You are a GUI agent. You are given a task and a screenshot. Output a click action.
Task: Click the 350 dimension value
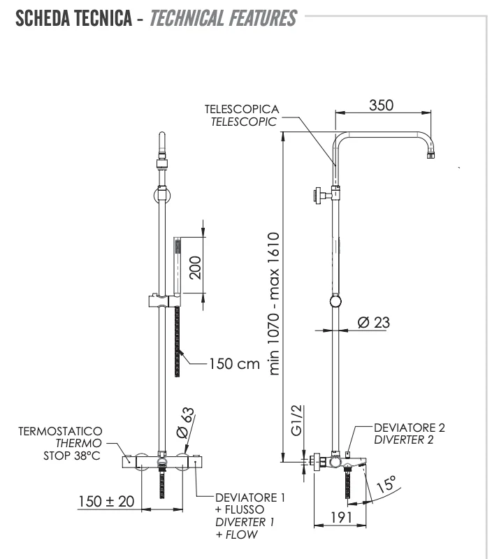382,106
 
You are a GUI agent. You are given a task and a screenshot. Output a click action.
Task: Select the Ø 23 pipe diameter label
373,322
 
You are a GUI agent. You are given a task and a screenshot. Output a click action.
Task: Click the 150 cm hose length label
234,363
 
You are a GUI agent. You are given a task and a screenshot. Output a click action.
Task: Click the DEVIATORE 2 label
409,428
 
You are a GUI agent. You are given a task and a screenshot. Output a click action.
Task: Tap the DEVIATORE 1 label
250,498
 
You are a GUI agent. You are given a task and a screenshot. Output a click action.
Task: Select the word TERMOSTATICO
61,432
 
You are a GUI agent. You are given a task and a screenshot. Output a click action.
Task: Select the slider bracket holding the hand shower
162,301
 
